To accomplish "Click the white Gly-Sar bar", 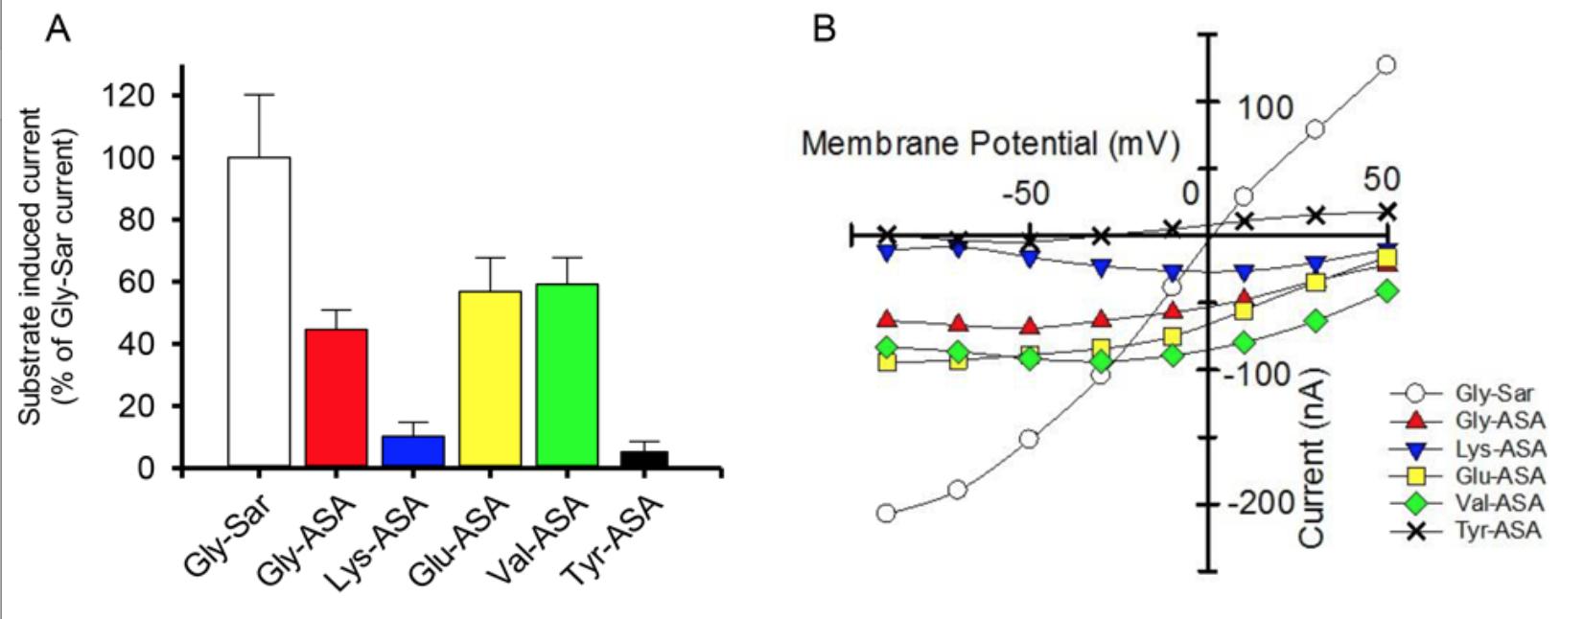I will point(259,312).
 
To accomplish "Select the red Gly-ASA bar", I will point(336,399).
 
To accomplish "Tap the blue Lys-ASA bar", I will point(413,451).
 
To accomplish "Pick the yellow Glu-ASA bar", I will point(490,379).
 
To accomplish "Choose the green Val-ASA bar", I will point(567,376).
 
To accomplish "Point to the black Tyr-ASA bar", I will point(643,459).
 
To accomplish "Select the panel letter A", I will point(58,31).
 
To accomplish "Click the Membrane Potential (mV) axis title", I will point(990,145).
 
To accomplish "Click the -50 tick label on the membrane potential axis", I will point(1025,193).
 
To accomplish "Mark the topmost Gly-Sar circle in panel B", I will point(1386,65).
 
